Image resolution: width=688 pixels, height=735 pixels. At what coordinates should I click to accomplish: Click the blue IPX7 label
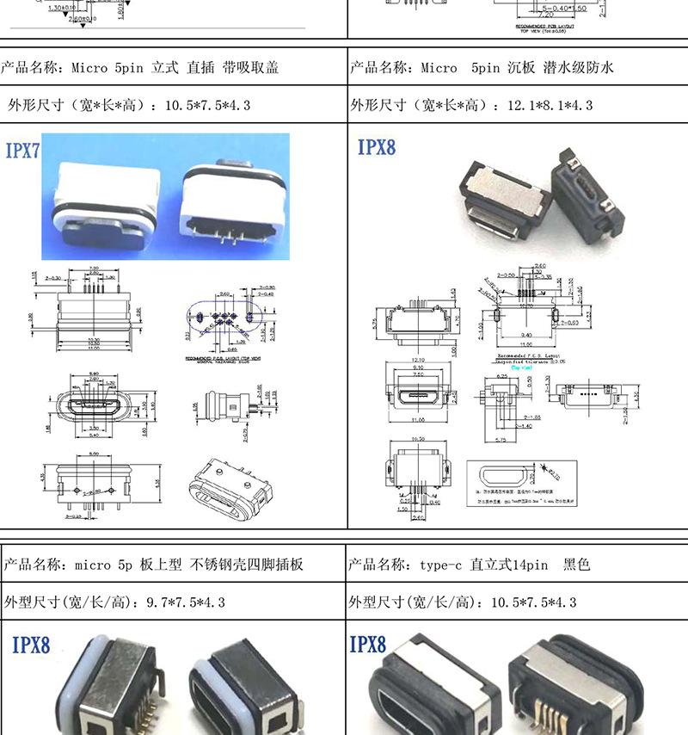point(23,151)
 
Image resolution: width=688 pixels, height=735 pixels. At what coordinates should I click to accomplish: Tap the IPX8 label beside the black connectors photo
point(377,147)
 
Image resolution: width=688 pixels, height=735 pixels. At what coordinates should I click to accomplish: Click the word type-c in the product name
point(441,565)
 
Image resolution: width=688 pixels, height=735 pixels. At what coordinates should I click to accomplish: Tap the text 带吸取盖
point(250,67)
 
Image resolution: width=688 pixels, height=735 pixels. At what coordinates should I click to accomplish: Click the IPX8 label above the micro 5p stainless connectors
point(31,645)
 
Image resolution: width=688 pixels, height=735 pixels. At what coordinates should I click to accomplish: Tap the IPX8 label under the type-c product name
point(368,644)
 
